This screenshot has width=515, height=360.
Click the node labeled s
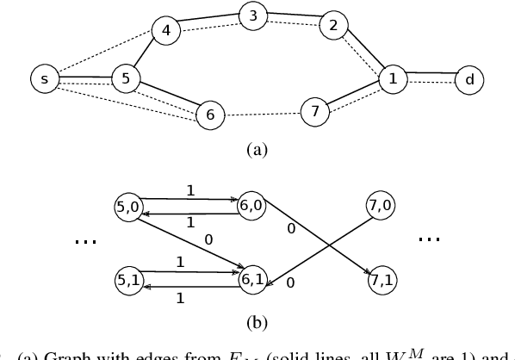(43, 80)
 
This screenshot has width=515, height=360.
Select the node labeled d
(469, 80)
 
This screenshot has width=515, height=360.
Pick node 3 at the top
(252, 16)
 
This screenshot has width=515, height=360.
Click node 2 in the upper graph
(332, 26)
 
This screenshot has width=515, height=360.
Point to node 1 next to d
(394, 79)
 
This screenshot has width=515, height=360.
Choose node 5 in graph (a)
(126, 79)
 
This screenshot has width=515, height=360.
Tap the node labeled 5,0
(127, 206)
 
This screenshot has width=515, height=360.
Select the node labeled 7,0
(378, 206)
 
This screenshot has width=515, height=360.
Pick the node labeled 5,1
(127, 280)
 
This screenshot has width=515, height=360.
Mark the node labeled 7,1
(378, 280)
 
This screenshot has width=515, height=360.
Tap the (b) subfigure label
(257, 324)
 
